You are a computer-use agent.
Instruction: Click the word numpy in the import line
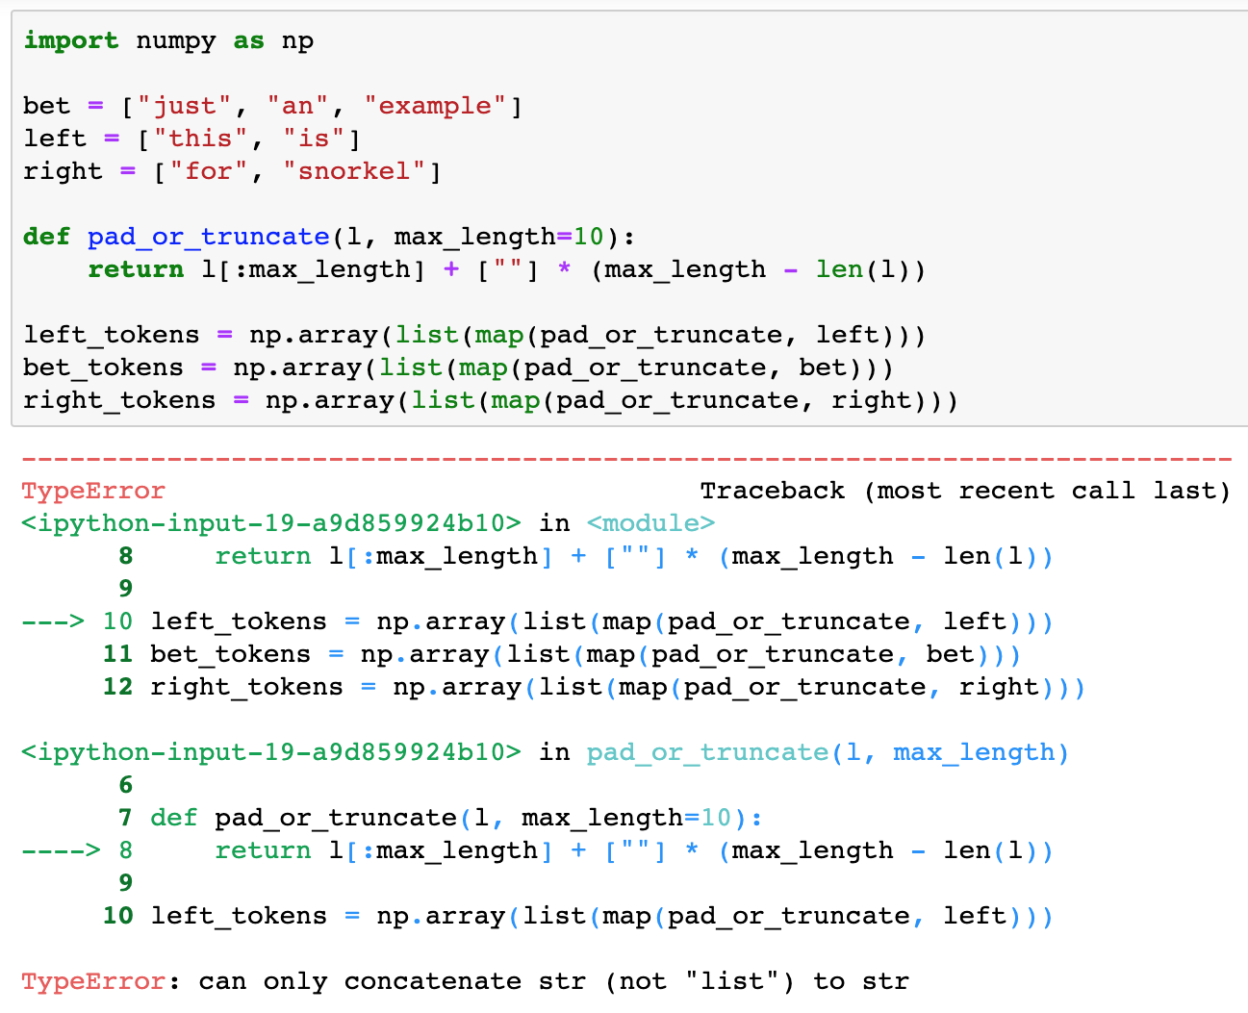[x=175, y=40]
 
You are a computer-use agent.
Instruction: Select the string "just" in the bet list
[x=185, y=106]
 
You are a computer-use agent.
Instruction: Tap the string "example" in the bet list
[x=435, y=106]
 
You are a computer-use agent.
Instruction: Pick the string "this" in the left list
[x=200, y=139]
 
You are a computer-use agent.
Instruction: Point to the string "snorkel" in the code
[x=354, y=171]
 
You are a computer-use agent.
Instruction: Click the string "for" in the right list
[x=209, y=171]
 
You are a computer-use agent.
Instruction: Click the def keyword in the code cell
[x=46, y=237]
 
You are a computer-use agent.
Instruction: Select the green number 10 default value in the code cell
[x=588, y=237]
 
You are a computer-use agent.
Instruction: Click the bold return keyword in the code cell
[x=136, y=269]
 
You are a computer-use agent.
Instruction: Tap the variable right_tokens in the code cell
[x=119, y=400]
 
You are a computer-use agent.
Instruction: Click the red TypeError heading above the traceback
[x=93, y=491]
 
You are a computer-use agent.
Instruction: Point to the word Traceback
[x=772, y=491]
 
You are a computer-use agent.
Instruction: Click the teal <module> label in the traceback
[x=650, y=523]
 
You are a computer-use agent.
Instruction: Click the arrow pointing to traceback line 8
[x=60, y=850]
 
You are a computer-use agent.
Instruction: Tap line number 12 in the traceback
[x=117, y=687]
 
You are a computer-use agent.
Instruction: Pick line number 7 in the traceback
[x=125, y=818]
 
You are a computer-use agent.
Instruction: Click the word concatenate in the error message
[x=432, y=981]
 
